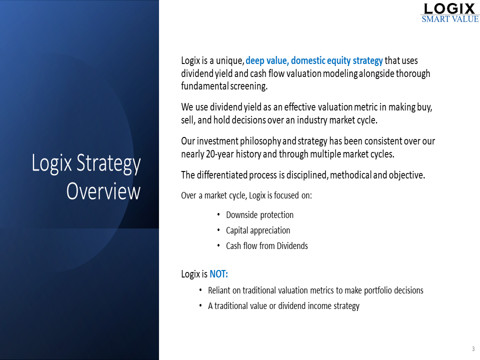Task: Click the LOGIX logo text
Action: click(449, 8)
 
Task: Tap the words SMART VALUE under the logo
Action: click(450, 19)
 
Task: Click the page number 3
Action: click(473, 348)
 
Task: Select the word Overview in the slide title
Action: click(103, 191)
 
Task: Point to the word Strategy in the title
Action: click(108, 163)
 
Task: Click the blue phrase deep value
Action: click(267, 60)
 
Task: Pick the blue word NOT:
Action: click(218, 274)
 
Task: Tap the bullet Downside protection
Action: click(259, 215)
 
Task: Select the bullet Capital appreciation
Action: click(258, 230)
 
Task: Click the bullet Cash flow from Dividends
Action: click(267, 246)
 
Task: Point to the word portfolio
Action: click(378, 290)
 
